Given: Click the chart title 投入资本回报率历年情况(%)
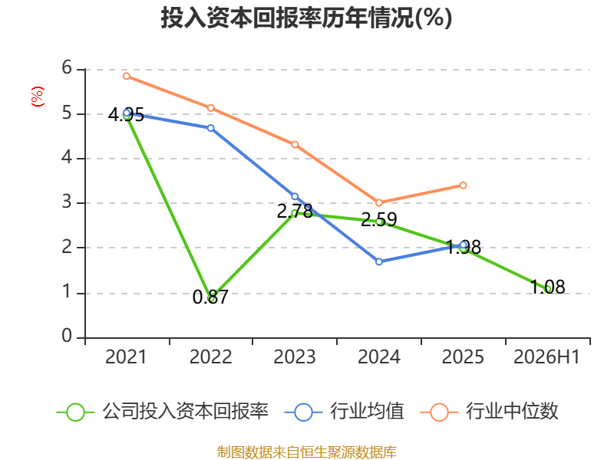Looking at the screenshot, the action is click(306, 18).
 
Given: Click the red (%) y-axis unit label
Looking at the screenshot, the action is click(37, 97).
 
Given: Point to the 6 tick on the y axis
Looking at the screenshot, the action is click(67, 67).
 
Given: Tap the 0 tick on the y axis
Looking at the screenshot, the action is click(67, 336).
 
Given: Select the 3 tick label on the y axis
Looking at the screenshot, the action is click(67, 202).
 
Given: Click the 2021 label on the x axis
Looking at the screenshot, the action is click(126, 356).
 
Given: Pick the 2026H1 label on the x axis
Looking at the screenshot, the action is click(546, 356).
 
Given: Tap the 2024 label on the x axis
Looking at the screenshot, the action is click(379, 356).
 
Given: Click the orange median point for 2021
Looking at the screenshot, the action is click(127, 76).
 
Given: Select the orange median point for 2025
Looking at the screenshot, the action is click(463, 185).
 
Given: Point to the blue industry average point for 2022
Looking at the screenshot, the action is click(210, 128).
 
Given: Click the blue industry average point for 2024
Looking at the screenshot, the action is click(379, 261).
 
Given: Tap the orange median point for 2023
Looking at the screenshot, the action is click(295, 145).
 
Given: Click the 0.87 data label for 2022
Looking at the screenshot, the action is click(210, 297).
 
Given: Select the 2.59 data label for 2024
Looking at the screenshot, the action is click(378, 219).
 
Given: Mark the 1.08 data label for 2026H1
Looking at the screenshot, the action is click(547, 287).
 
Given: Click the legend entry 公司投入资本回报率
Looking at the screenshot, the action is click(163, 412).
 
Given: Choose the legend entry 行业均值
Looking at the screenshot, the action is click(344, 412).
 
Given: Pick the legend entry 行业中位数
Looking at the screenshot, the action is click(489, 412).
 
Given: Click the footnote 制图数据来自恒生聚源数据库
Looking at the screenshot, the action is click(306, 452).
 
